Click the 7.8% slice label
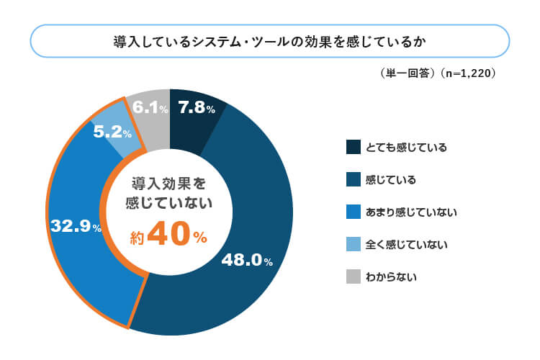tap(197, 108)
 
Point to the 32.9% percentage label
tap(76, 226)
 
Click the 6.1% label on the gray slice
tap(150, 108)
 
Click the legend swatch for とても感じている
tap(353, 148)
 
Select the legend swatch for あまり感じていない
tap(353, 212)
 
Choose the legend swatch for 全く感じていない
tap(353, 245)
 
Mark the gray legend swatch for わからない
tap(353, 276)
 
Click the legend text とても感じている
tap(407, 148)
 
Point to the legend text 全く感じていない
tap(407, 245)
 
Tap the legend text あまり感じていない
tap(412, 212)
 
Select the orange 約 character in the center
tap(138, 238)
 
